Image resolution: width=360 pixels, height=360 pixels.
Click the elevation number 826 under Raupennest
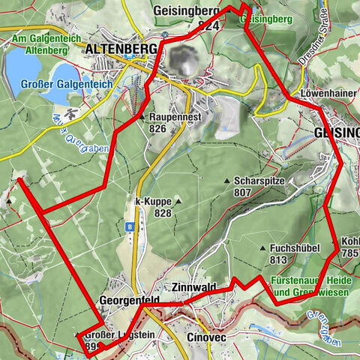click(157, 129)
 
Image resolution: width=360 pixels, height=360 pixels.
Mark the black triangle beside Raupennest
click(142, 118)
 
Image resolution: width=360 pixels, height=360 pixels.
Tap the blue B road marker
click(130, 225)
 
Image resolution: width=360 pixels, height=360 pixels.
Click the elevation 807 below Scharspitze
click(242, 192)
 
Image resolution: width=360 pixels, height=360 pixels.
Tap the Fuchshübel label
click(295, 248)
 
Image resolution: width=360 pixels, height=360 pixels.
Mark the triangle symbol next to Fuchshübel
click(262, 248)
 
